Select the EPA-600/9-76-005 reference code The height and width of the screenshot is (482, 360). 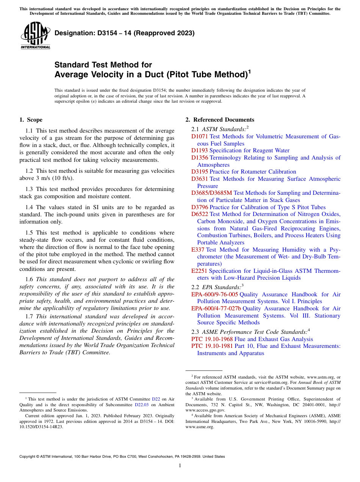tap(214, 294)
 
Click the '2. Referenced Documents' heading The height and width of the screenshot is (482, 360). tap(220, 120)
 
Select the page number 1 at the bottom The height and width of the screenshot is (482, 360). tap(180, 465)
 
